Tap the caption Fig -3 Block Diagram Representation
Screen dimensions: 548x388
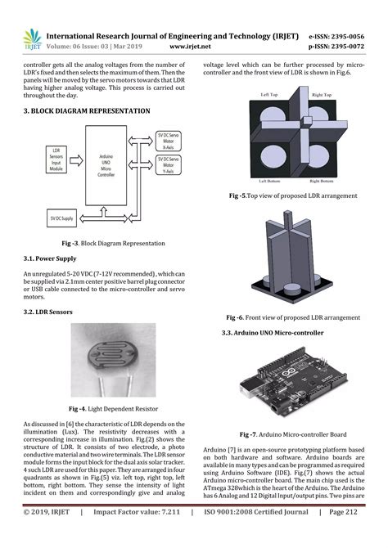[113, 244]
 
